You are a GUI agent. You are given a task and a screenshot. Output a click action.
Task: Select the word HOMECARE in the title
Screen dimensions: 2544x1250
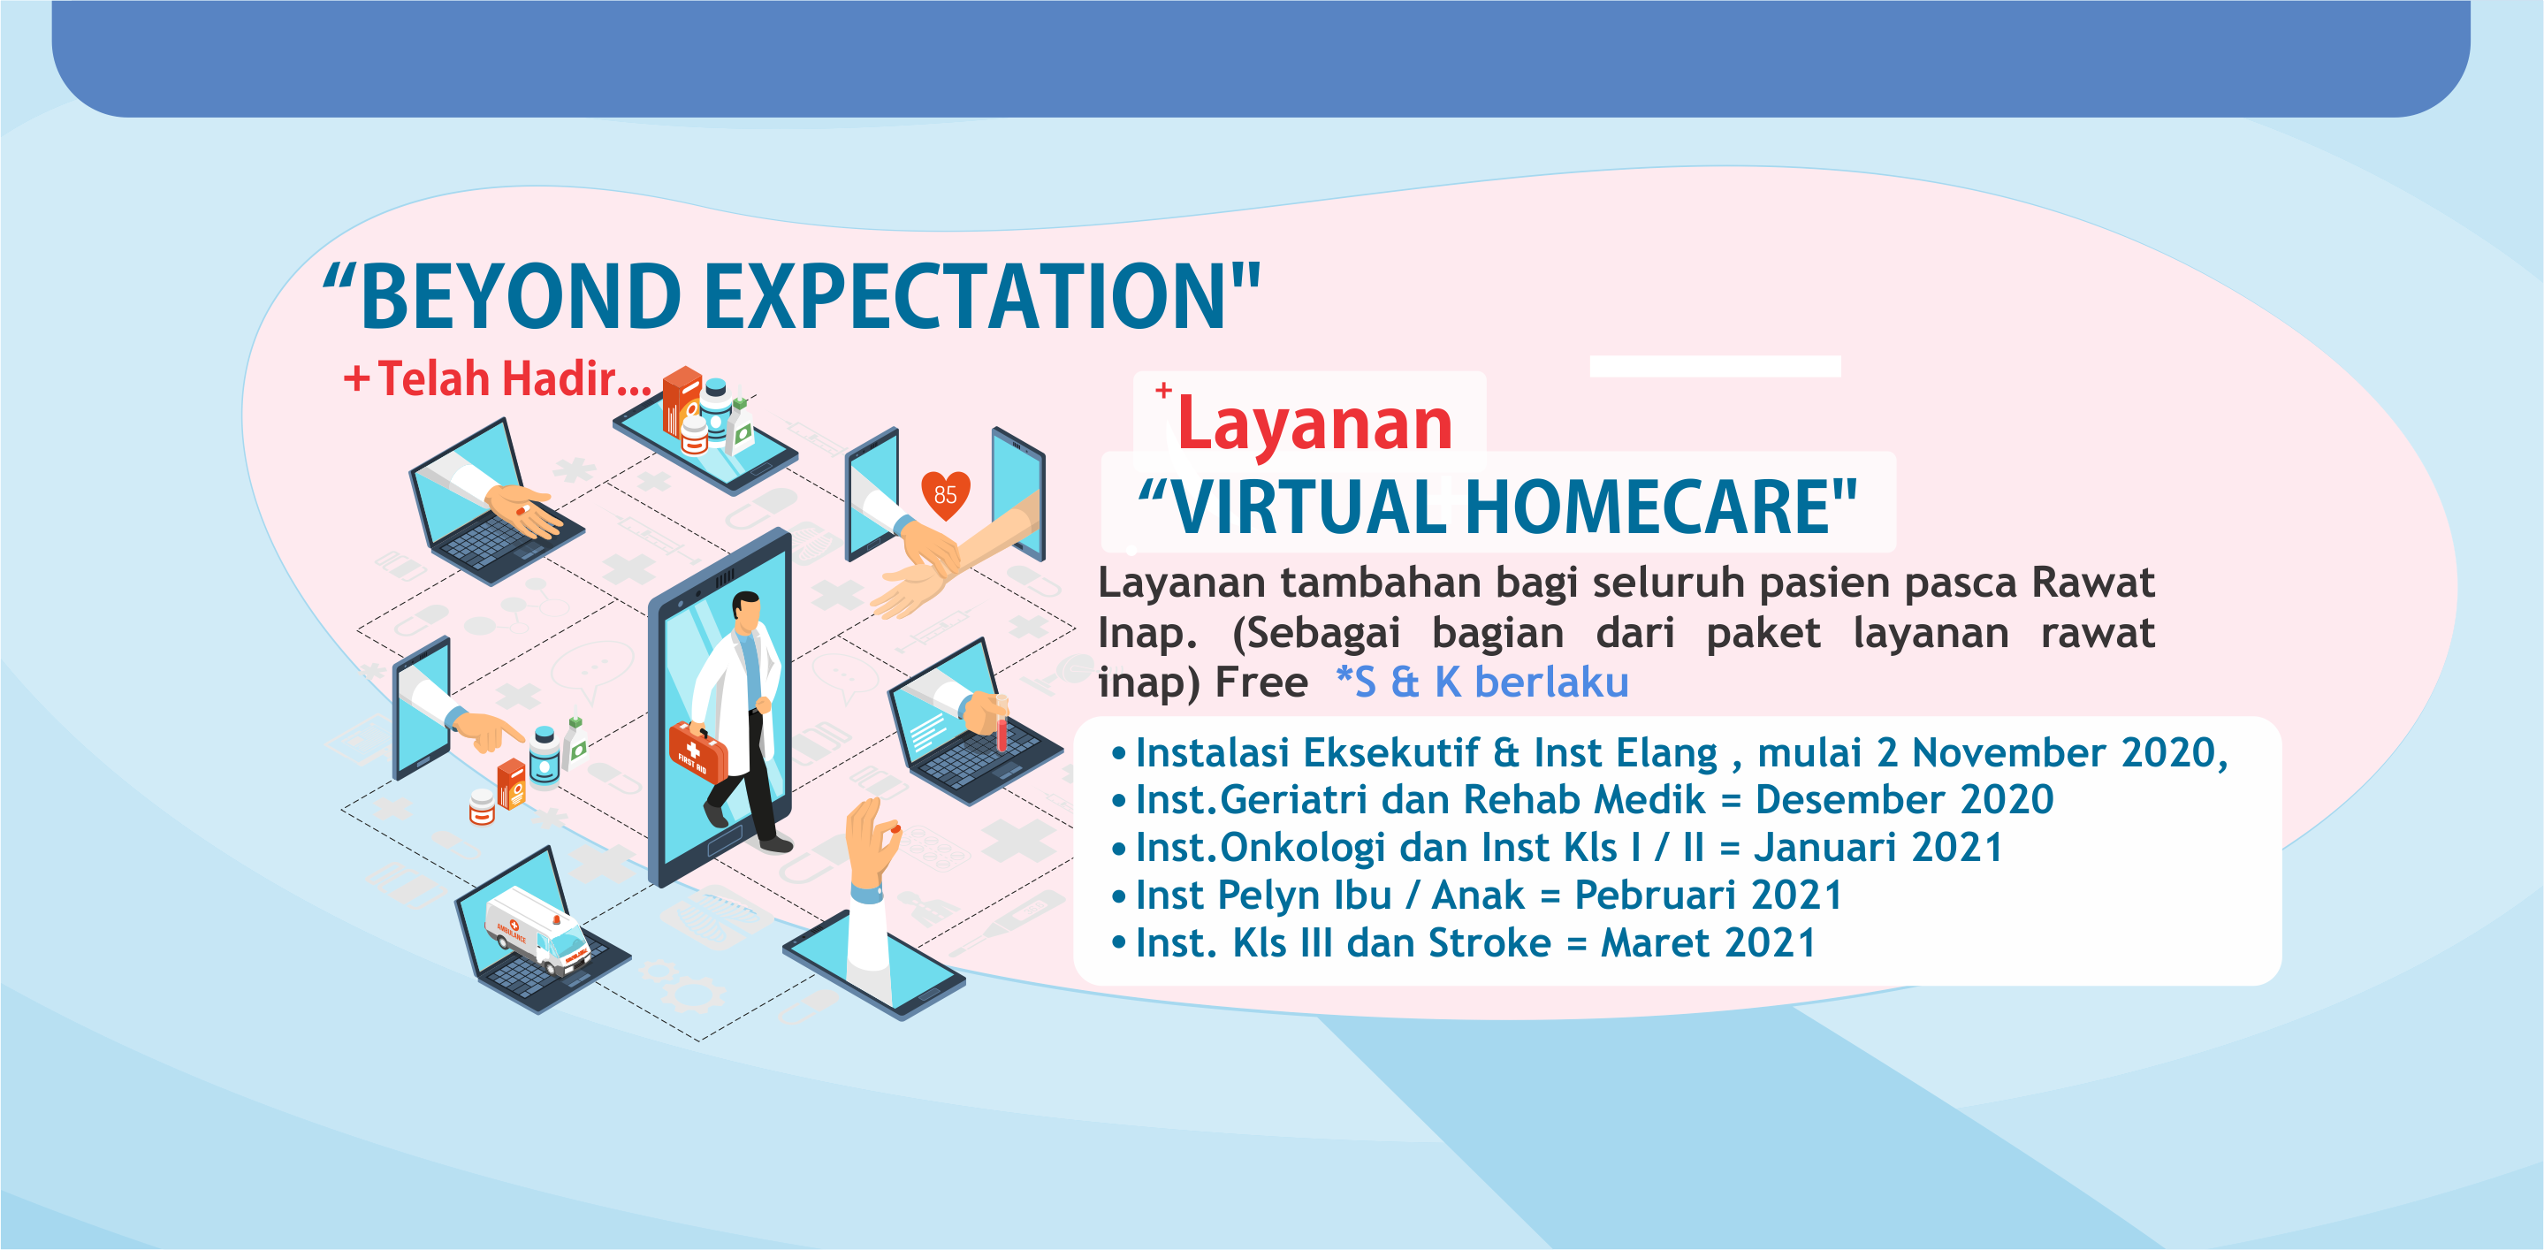[1649, 507]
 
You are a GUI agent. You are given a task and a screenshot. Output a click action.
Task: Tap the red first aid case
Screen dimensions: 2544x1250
[697, 752]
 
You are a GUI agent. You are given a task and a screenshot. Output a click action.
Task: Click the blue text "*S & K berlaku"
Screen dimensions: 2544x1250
[1482, 682]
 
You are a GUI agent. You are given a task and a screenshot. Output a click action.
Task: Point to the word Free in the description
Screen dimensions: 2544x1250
[1261, 682]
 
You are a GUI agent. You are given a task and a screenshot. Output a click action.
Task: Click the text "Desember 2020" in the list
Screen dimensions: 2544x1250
[1904, 800]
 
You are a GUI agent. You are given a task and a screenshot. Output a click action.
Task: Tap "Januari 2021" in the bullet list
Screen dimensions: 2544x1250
[1878, 847]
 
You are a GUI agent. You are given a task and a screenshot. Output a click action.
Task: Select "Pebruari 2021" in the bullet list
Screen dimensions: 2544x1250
[1709, 895]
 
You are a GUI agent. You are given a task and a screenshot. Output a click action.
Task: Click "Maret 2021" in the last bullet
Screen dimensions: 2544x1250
[1708, 943]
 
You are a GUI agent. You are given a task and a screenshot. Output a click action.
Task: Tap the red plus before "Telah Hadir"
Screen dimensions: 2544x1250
[356, 379]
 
